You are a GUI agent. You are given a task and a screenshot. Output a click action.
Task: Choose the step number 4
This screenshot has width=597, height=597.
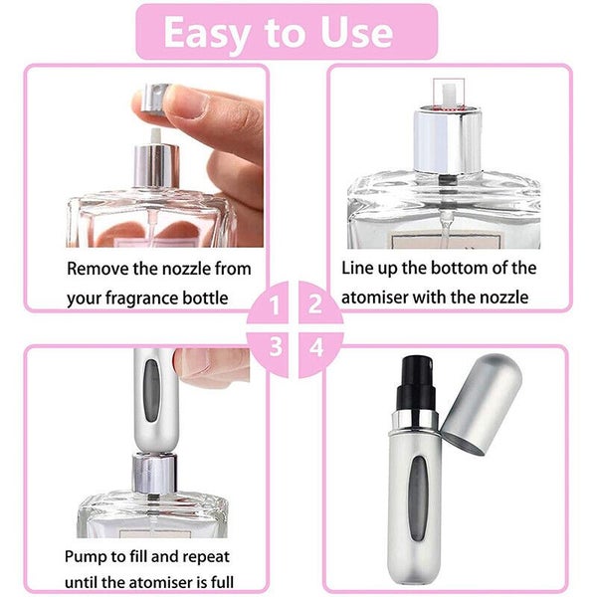point(316,347)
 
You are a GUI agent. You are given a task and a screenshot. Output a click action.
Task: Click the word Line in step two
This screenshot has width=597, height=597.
point(359,268)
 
